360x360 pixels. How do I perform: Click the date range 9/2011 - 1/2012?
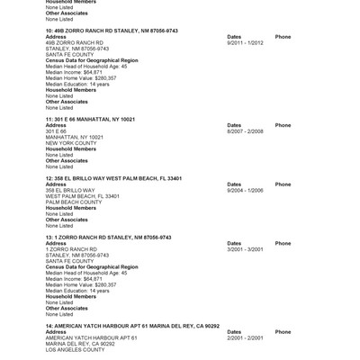pos(245,42)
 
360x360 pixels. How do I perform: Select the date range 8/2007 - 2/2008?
pos(245,130)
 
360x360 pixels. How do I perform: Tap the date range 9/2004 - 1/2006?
pos(245,190)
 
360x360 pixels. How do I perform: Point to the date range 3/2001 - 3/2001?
pos(245,248)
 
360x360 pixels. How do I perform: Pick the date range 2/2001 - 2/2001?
pos(245,337)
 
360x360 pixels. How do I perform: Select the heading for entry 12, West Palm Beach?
pos(107,178)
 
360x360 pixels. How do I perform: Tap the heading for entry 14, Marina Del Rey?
pos(132,325)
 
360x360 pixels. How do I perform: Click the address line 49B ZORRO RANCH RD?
pos(75,42)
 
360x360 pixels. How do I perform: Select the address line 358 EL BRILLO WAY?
pos(69,190)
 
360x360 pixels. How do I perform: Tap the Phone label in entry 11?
pos(283,125)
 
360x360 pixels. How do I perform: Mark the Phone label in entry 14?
pos(283,331)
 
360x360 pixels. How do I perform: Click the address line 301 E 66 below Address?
pos(56,130)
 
